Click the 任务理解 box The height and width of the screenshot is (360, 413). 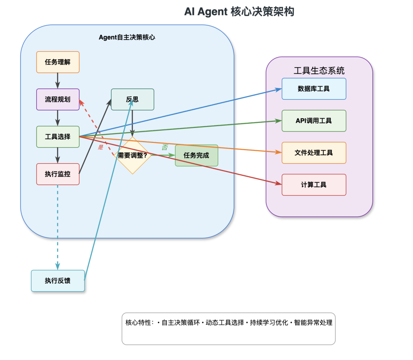click(58, 62)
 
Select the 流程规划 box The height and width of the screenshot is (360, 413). click(58, 99)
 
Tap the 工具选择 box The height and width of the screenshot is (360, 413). click(58, 136)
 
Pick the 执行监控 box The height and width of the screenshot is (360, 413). click(58, 174)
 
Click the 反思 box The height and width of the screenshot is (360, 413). click(132, 99)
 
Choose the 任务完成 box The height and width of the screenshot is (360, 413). click(197, 156)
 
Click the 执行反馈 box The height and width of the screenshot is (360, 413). click(58, 281)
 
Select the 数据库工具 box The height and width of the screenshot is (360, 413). click(314, 89)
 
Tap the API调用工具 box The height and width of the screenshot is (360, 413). click(314, 121)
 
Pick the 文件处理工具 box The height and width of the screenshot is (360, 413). click(314, 153)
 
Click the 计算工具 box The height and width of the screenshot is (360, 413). click(314, 185)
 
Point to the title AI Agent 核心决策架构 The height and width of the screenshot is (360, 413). click(239, 12)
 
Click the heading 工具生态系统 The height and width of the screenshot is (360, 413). click(319, 70)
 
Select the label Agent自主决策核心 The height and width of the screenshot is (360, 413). click(127, 37)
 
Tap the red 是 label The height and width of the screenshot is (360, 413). click(101, 147)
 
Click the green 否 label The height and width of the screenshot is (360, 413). click(164, 148)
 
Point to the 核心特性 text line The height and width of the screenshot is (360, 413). click(229, 323)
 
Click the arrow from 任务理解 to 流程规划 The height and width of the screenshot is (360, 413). click(58, 81)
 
